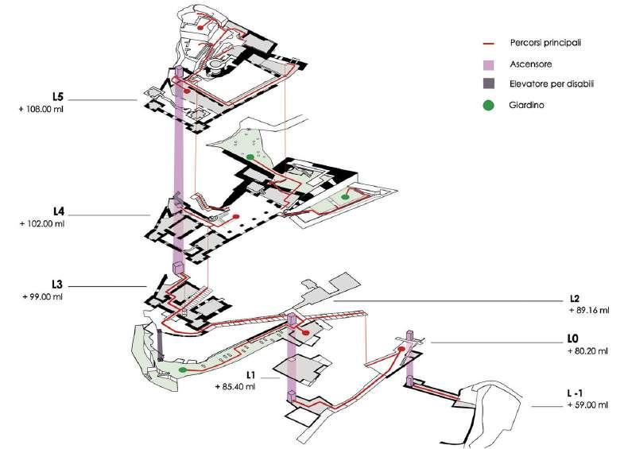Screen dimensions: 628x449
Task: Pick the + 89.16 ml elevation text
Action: tap(589, 311)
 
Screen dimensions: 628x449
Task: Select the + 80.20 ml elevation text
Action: tap(588, 350)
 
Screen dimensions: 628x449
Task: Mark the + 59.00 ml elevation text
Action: tap(589, 405)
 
